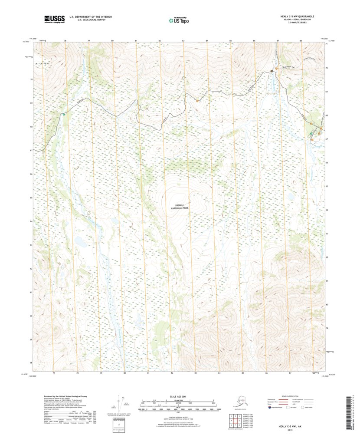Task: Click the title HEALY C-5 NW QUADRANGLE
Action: [297, 16]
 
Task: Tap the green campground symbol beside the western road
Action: [64, 114]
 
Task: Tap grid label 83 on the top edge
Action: [183, 41]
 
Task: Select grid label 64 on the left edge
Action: [31, 221]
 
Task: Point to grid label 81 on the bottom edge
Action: [148, 373]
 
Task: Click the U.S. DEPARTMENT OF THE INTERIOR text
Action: [91, 16]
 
